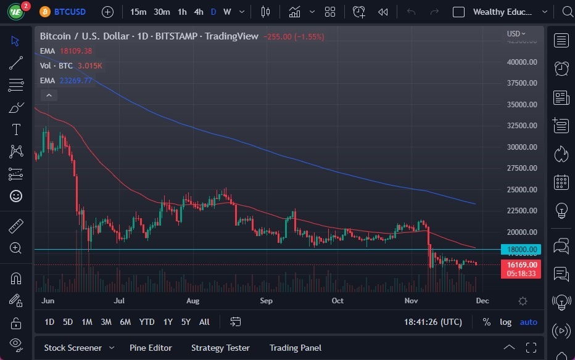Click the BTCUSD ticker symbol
pos(70,12)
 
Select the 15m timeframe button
pos(138,12)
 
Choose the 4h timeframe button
pos(198,12)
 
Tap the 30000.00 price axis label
pos(522,147)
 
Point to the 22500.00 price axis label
pos(522,211)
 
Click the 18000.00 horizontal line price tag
pos(522,249)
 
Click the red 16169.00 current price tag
pos(522,264)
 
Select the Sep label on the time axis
pos(266,301)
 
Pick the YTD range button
pos(147,322)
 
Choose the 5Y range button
pos(186,322)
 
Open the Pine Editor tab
pos(151,348)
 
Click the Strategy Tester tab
pos(220,348)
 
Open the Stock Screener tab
pos(72,348)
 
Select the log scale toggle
pos(505,322)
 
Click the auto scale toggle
pos(528,322)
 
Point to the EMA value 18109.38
pos(76,51)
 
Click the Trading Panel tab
pos(295,348)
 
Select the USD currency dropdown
pos(516,33)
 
